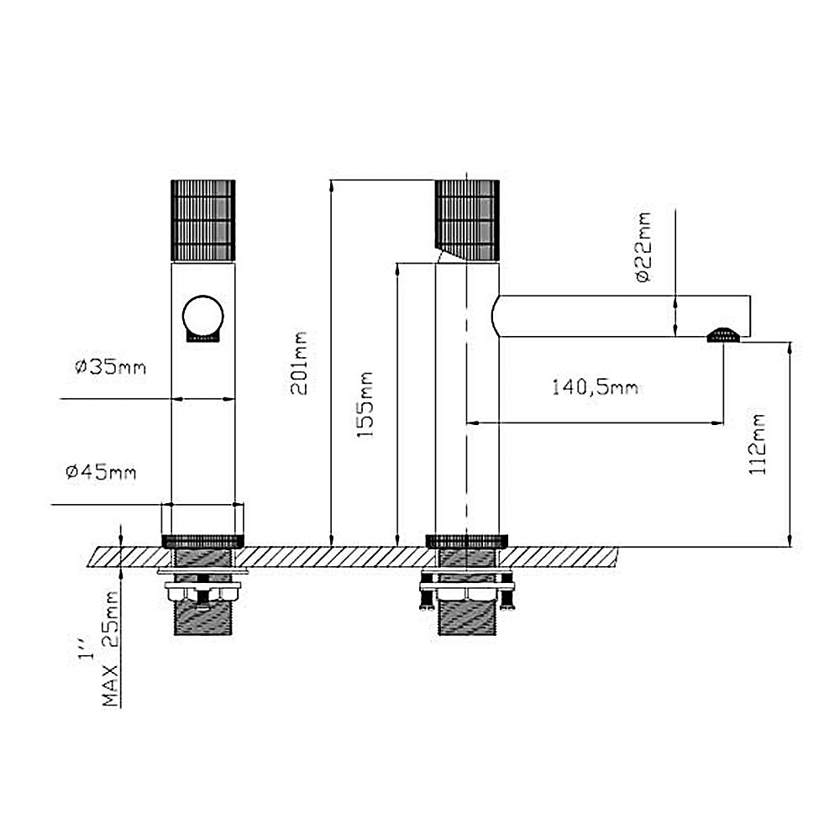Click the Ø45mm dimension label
[101, 472]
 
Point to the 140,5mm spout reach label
[595, 387]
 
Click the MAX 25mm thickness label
[110, 650]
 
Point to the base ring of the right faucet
[467, 539]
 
